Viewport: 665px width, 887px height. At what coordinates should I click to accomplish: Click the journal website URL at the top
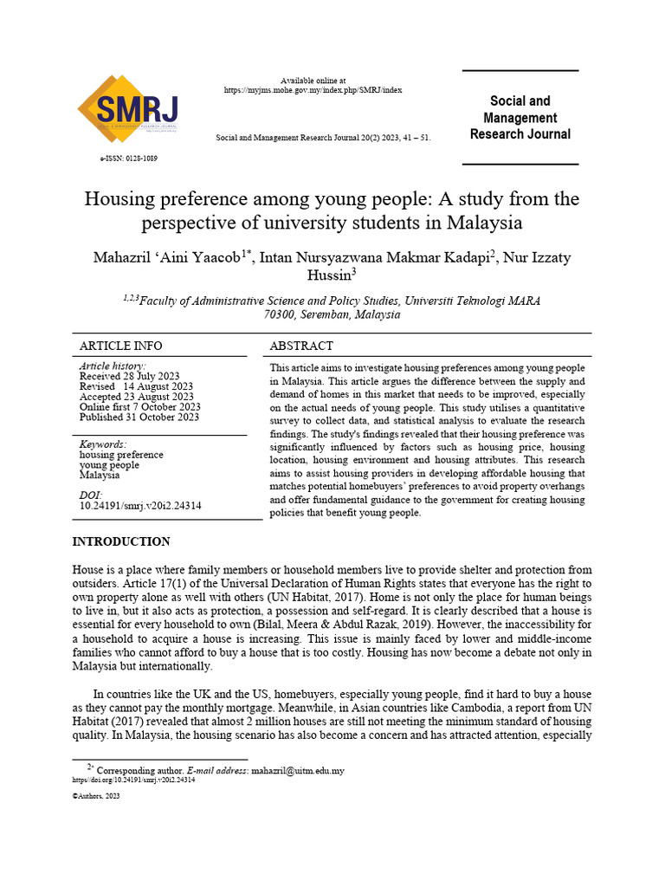coord(313,90)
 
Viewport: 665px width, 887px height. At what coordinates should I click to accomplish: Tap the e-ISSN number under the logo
coord(129,159)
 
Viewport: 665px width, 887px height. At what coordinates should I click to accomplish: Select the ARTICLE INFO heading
coord(120,346)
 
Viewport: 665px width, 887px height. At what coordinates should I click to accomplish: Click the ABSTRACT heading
coord(301,346)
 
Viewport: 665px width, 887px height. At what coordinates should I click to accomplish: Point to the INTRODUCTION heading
coord(121,541)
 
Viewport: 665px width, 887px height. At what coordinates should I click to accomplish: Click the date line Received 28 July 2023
coord(129,376)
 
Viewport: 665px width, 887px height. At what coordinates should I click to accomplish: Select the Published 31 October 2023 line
coord(139,417)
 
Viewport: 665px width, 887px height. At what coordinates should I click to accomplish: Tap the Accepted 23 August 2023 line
coord(136,397)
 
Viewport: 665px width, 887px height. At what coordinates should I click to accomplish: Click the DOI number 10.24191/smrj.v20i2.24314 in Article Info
coord(140,506)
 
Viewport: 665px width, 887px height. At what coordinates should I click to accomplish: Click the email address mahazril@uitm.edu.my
coord(297,770)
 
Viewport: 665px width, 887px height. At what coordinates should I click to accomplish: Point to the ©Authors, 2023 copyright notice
coord(95,796)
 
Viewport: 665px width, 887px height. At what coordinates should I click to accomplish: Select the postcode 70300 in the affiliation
coord(280,314)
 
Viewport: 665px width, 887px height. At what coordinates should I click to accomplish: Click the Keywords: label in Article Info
coord(102,444)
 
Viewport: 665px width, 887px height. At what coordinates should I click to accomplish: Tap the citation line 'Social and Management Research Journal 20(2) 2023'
coord(322,138)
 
